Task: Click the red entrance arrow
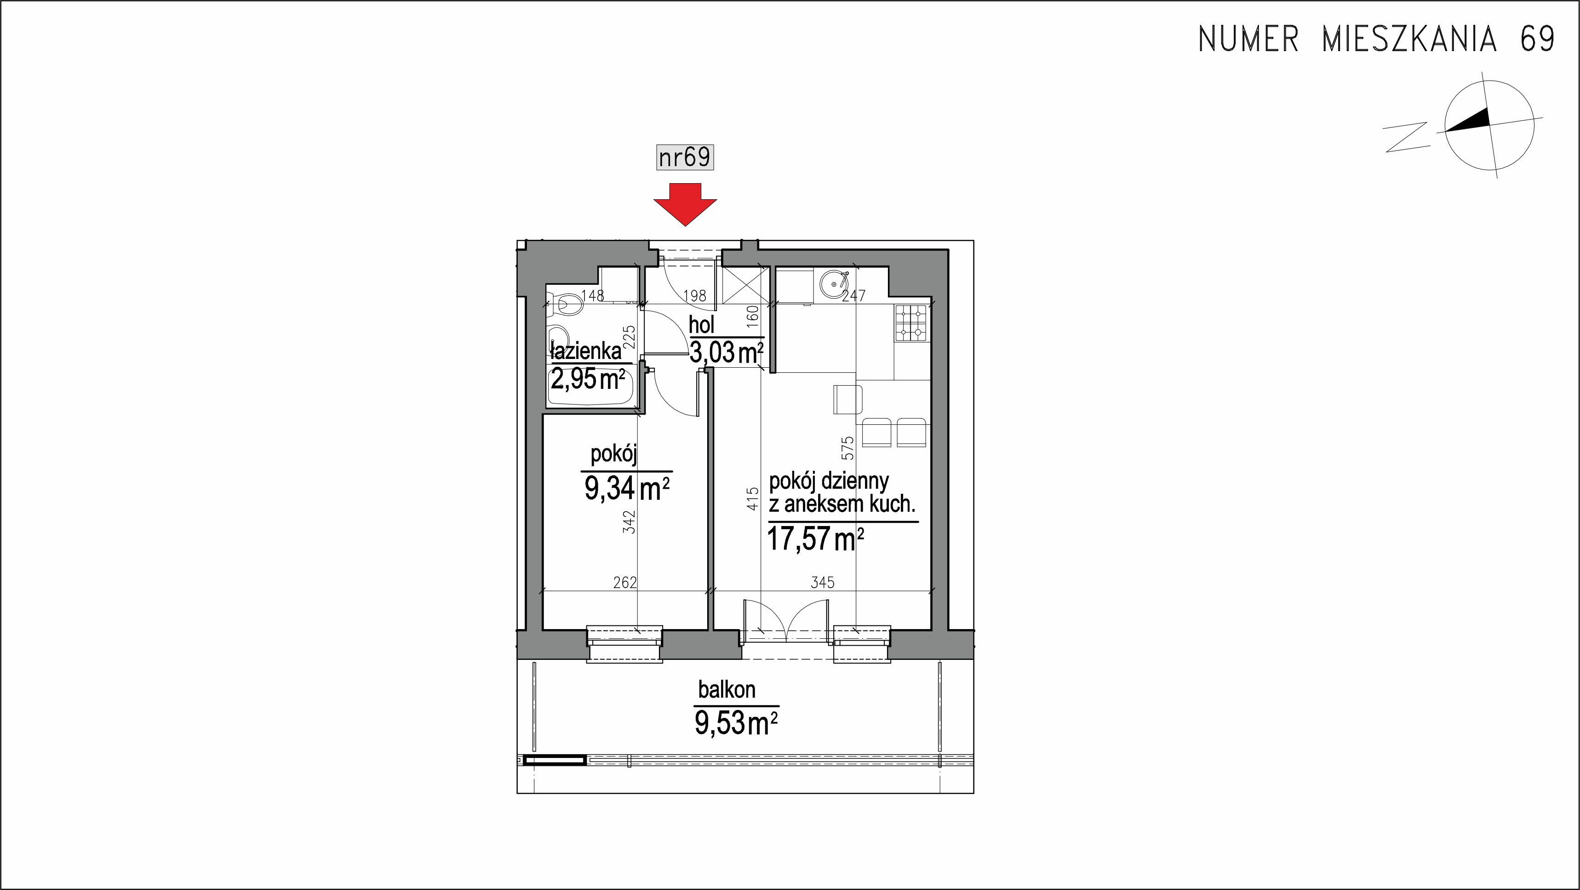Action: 685,204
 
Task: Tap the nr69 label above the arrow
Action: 685,157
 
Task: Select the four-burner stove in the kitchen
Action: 912,324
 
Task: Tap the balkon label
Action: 727,690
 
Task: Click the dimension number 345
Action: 823,582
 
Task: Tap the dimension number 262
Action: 625,582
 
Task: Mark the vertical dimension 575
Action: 847,449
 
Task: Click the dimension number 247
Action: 853,296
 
